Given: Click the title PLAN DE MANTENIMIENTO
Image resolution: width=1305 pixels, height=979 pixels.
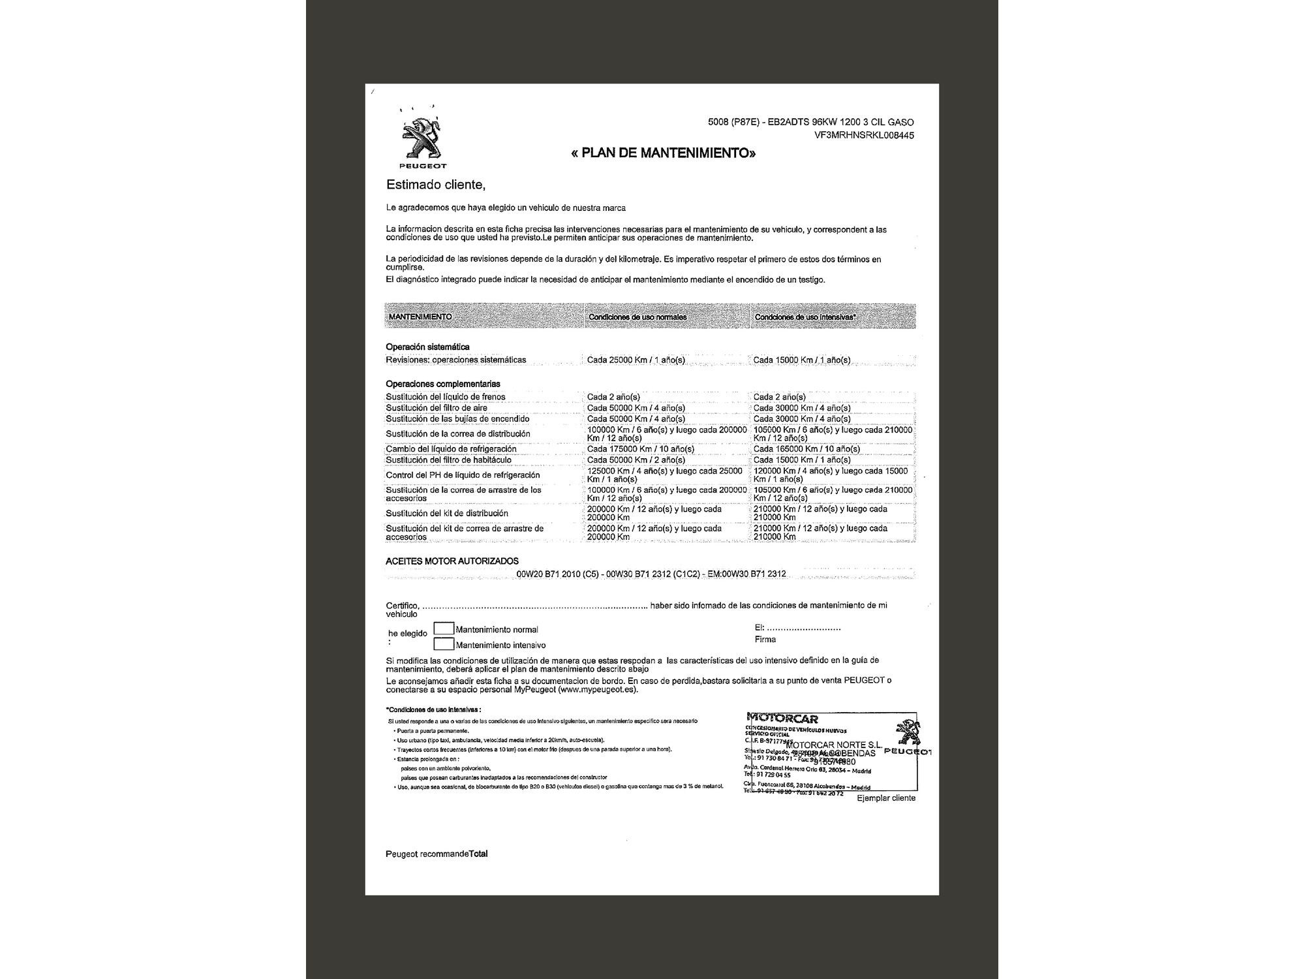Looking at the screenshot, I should click(x=664, y=153).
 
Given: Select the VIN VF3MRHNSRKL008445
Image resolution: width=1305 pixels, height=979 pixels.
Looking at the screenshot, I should click(x=863, y=136).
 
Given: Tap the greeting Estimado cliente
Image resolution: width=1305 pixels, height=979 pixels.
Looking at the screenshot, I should click(x=436, y=185).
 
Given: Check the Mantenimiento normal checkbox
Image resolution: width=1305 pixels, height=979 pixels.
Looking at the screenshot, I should click(x=444, y=629).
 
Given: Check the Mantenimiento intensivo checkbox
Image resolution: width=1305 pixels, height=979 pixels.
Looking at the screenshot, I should click(x=444, y=644).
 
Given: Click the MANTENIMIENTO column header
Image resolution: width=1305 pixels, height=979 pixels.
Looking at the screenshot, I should click(x=420, y=317).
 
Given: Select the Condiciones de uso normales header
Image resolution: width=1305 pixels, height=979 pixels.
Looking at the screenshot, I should click(x=637, y=317).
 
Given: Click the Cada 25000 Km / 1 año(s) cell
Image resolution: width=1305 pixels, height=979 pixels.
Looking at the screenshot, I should click(x=636, y=360).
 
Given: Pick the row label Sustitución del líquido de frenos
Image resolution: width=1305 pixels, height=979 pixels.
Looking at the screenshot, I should click(x=446, y=397).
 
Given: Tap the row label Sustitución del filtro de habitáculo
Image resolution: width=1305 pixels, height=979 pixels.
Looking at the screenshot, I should click(x=449, y=460).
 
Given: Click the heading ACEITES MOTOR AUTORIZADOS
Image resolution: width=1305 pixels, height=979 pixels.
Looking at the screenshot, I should click(x=452, y=561).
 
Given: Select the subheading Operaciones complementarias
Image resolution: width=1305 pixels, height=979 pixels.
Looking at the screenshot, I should click(x=443, y=384).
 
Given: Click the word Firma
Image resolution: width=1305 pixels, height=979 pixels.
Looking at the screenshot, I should click(x=765, y=640).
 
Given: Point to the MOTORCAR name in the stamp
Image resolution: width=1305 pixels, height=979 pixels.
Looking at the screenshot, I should click(x=782, y=719).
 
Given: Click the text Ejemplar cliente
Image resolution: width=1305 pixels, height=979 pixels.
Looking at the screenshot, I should click(x=886, y=798).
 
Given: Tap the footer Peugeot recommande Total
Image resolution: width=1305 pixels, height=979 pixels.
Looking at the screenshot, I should click(x=437, y=854).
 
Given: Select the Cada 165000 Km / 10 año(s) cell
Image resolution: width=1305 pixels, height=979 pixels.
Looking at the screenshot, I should click(x=806, y=449).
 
